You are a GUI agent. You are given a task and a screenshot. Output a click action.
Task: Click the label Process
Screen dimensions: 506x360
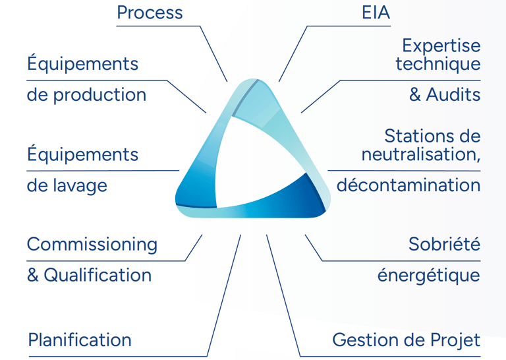(150, 13)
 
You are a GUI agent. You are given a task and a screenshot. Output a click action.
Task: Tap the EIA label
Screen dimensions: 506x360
(376, 13)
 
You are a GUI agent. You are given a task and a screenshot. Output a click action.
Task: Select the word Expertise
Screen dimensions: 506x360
(441, 46)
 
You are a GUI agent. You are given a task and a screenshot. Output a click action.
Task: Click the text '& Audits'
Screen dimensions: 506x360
(445, 95)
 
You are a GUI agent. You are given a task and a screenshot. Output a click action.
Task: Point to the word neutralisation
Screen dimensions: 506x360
(420, 155)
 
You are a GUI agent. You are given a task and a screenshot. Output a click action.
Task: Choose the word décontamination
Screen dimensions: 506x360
(408, 185)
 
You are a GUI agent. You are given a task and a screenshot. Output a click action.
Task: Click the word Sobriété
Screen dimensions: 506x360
(444, 245)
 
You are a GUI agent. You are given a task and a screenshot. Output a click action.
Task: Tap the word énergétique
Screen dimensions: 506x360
(429, 275)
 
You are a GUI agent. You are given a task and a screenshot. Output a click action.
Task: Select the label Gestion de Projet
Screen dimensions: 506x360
(406, 340)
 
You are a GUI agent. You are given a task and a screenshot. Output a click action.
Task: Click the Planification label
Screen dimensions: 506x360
(80, 340)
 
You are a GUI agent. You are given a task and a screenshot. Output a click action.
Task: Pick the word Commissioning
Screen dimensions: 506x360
(92, 245)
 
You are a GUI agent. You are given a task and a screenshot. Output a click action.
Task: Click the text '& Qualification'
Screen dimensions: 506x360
(89, 275)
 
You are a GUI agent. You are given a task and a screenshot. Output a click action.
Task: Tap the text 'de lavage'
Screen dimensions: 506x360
(67, 185)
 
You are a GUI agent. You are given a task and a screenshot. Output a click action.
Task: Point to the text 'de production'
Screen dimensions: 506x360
(86, 95)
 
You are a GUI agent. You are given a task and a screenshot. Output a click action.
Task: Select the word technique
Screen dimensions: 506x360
(437, 65)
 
